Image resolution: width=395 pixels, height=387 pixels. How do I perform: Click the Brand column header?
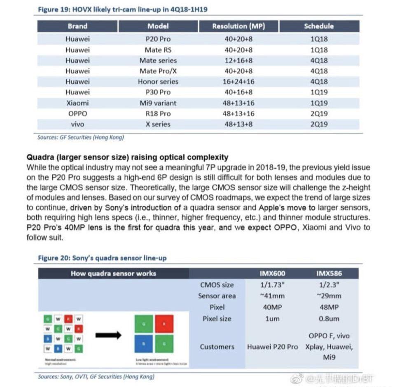point(77,26)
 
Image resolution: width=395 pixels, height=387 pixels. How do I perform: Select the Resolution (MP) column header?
point(238,26)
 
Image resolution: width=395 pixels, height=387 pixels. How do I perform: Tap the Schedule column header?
point(319,26)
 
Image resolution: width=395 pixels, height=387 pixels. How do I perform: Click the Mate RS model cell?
point(158,50)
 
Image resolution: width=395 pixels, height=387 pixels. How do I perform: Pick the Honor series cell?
point(158,82)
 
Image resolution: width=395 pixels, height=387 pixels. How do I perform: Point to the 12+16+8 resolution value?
point(238,61)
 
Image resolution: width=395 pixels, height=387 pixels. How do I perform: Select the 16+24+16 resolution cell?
point(238,82)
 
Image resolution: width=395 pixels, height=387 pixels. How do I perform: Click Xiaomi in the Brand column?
point(77,103)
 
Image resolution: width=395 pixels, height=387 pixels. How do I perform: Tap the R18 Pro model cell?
point(158,114)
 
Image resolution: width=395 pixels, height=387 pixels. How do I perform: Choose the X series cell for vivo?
point(158,124)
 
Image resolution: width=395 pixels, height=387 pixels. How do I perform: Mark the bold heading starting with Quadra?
point(127,157)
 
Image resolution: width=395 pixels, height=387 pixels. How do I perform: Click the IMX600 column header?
point(272,273)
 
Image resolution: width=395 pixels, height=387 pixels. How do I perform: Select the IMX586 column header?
point(329,273)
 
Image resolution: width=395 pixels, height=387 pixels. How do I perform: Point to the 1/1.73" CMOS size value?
point(272,285)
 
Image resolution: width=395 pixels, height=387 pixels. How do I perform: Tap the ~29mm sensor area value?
point(329,296)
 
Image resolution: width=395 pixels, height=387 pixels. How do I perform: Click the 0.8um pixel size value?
point(329,319)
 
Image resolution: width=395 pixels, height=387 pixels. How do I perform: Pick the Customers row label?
point(217,347)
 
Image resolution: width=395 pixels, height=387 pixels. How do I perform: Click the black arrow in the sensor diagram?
point(108,335)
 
